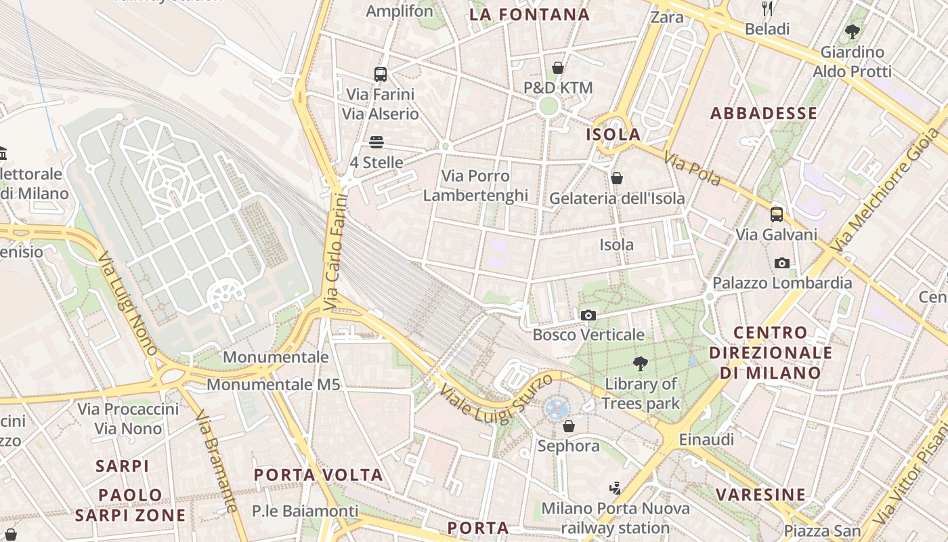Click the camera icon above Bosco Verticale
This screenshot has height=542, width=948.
coord(588,315)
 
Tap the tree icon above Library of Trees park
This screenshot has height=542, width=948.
coord(640,364)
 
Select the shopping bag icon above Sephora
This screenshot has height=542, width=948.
coord(569,426)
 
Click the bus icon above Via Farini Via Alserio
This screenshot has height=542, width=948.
coord(381,74)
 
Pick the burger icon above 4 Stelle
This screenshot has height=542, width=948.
coord(376,142)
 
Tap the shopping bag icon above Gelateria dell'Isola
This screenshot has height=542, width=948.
coord(617,178)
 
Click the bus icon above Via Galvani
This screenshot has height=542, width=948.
coord(777,215)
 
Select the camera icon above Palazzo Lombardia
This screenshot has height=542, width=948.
coord(782,263)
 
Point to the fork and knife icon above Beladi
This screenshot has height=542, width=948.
coord(767,9)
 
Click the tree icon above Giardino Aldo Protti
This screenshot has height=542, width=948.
coord(853,31)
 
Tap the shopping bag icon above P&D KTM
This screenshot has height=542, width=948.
coord(558,68)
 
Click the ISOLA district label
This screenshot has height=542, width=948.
coord(613,134)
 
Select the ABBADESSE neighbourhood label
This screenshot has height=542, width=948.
coord(763,113)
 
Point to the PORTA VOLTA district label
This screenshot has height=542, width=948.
coord(318,474)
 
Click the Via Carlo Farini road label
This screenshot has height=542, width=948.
coord(335,252)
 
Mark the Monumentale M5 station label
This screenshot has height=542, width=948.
coord(273,385)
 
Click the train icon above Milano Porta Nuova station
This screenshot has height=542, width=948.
coord(615,488)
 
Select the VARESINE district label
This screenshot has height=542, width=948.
coord(761,495)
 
